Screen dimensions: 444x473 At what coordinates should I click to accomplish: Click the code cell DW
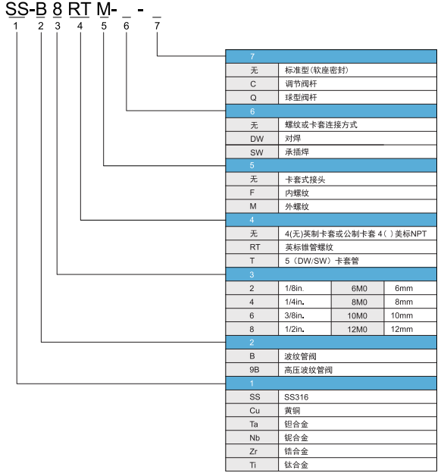(x=252, y=139)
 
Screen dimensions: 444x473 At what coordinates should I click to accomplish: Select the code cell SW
(x=252, y=152)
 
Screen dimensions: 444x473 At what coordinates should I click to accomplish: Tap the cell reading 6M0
(x=358, y=288)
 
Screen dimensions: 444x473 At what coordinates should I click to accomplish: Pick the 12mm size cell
(x=411, y=329)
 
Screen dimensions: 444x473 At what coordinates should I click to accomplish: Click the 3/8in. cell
(x=305, y=315)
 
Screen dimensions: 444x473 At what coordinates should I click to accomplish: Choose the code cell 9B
(x=252, y=370)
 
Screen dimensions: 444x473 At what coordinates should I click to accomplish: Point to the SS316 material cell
(x=358, y=397)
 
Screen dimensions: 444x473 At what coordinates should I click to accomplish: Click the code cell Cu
(x=252, y=411)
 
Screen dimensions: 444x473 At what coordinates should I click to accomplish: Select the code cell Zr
(x=252, y=451)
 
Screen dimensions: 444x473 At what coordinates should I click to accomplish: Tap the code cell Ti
(x=252, y=465)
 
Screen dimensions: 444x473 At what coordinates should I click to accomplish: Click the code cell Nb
(x=252, y=437)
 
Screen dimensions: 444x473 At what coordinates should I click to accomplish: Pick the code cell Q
(x=252, y=98)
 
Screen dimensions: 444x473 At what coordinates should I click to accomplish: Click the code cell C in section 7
(x=252, y=84)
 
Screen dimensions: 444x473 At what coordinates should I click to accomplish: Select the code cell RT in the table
(x=252, y=247)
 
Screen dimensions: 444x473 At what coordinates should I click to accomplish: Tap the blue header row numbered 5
(x=331, y=165)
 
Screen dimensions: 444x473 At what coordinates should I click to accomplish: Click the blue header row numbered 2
(x=331, y=343)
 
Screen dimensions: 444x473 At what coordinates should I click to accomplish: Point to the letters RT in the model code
(x=80, y=9)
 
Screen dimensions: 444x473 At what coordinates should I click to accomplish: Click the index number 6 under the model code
(x=127, y=26)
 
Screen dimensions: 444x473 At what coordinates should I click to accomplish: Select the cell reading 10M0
(x=358, y=315)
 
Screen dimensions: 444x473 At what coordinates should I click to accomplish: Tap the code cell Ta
(x=252, y=424)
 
